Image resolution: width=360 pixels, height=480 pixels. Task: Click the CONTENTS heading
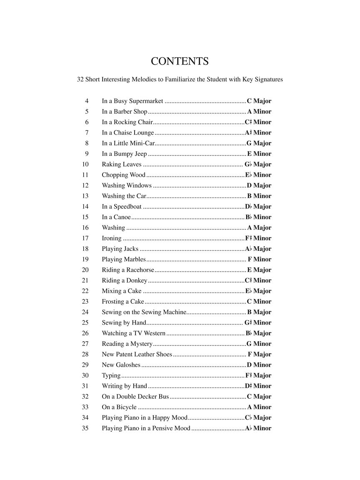click(180, 61)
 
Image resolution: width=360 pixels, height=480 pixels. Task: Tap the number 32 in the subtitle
click(80, 79)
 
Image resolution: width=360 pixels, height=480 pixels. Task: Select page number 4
click(87, 101)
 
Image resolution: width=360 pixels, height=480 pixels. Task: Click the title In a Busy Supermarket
click(132, 101)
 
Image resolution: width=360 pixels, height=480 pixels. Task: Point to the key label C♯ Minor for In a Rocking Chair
click(258, 122)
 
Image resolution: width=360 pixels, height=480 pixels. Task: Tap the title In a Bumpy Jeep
click(124, 154)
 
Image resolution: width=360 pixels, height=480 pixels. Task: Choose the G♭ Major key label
click(258, 165)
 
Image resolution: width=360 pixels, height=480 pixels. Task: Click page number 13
click(85, 196)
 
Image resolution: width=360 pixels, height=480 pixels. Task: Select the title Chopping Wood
click(123, 175)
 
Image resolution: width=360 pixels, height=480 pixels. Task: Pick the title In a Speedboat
click(122, 207)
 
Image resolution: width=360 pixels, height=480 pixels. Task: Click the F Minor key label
click(259, 259)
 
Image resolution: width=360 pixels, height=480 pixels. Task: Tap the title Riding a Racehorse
click(128, 270)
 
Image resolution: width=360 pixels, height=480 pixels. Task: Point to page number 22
click(85, 291)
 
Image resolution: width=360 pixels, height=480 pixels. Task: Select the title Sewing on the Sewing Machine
click(144, 312)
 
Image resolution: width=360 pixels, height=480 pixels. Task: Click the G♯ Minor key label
click(258, 322)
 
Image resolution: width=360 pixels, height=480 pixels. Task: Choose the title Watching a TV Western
click(134, 333)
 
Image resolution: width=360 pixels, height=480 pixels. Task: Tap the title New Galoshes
click(121, 365)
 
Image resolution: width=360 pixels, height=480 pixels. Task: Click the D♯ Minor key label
click(258, 386)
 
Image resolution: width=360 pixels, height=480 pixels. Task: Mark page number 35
click(85, 428)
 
